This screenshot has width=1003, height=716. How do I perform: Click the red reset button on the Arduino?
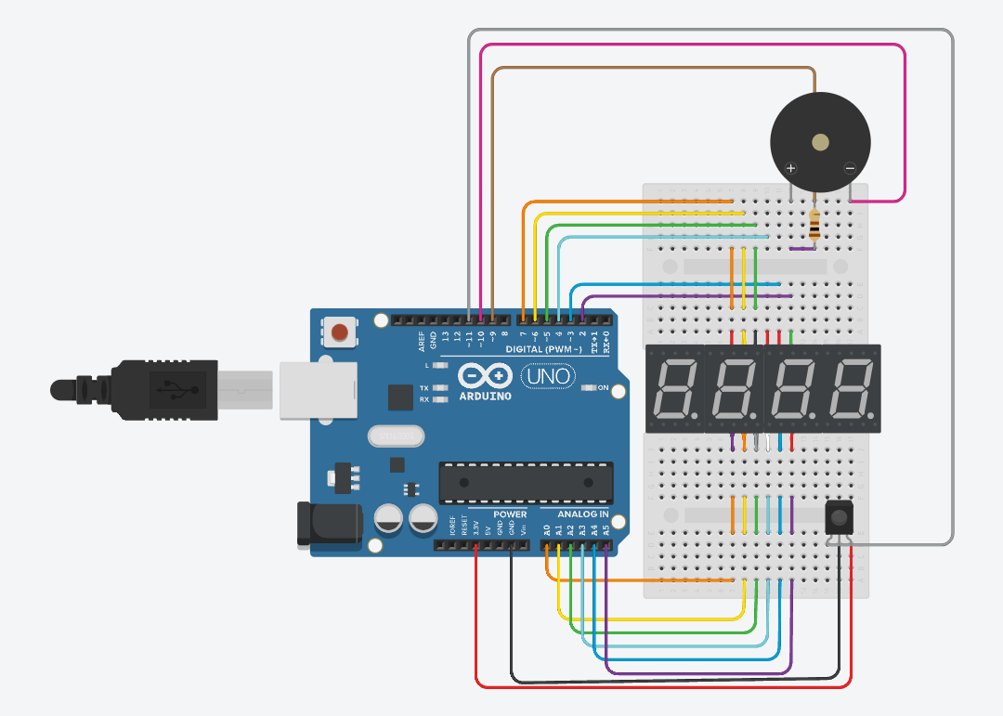tap(341, 332)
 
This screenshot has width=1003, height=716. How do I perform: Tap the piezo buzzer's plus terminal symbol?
tap(790, 168)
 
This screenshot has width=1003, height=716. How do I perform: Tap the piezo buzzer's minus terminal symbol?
tap(850, 168)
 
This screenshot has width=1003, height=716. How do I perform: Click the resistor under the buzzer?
tap(814, 225)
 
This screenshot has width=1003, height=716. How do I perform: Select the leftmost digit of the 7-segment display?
tap(675, 389)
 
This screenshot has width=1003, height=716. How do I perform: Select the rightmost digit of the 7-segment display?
tap(851, 389)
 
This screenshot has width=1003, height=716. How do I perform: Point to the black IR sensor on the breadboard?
tap(839, 516)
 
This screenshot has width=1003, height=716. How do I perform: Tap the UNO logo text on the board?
tap(546, 377)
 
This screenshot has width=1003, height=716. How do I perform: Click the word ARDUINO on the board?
tap(486, 396)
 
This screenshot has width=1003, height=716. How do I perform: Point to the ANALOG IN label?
tap(582, 514)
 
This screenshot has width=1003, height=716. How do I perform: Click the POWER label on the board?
tap(510, 514)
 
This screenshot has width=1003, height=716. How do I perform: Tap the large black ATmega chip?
tap(526, 483)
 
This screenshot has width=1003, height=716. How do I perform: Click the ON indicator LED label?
tap(603, 388)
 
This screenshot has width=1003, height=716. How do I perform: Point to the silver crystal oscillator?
tap(395, 435)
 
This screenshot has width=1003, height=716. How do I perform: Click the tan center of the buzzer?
tap(820, 142)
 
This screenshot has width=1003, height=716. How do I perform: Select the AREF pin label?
tap(422, 340)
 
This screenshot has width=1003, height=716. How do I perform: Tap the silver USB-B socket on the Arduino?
tap(317, 389)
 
